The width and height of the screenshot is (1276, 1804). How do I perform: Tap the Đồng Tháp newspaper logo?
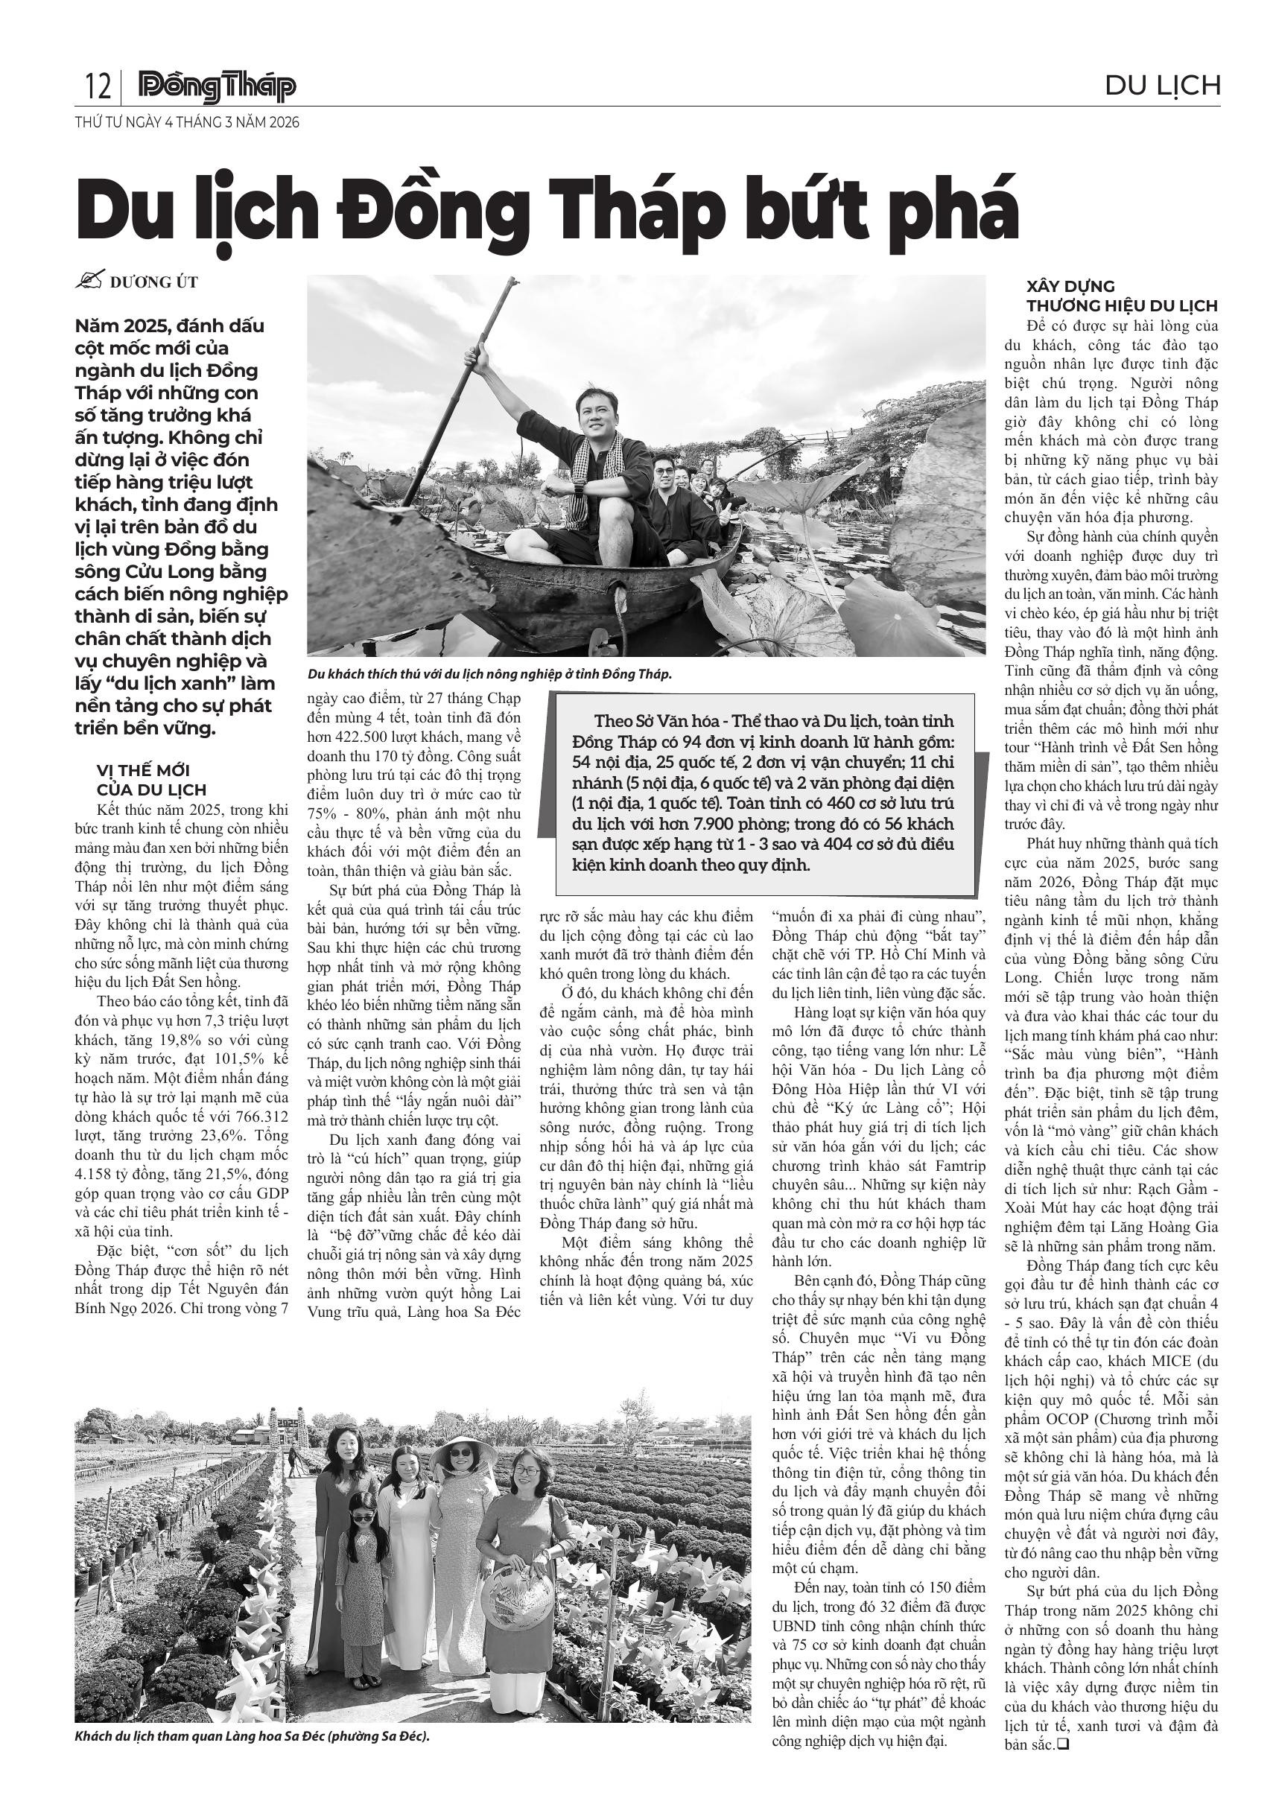[217, 86]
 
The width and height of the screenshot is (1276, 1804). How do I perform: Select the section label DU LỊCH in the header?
[1162, 85]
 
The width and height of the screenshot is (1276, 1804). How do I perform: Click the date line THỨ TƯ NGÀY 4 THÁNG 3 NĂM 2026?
[187, 123]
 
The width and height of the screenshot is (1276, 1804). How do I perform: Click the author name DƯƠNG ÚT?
[154, 283]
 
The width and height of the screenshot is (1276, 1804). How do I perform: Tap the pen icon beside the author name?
[91, 282]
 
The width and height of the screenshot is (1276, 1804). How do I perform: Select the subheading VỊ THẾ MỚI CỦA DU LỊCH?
[151, 779]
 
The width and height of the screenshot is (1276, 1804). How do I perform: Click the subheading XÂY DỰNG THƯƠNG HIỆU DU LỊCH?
[1121, 296]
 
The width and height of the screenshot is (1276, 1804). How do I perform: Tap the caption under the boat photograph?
[490, 674]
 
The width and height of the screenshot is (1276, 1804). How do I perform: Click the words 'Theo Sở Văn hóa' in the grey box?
[644, 720]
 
